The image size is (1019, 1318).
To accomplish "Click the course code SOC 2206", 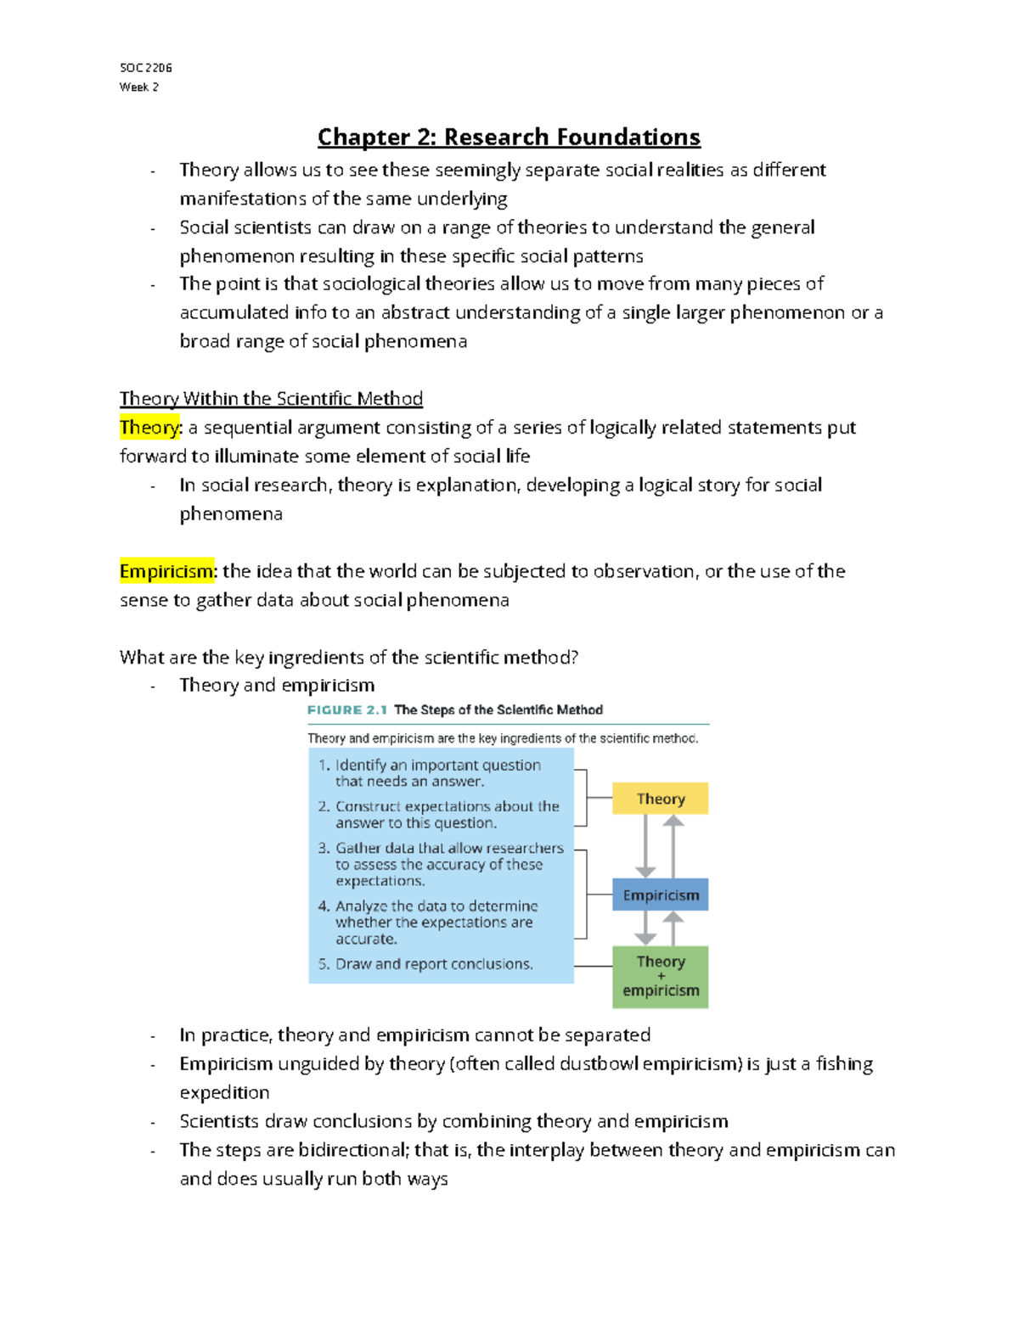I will (146, 67).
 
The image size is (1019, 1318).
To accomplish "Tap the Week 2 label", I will (138, 87).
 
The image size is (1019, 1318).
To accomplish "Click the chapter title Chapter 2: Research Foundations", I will (509, 137).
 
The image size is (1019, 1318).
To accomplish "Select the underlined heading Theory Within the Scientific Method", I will (271, 398).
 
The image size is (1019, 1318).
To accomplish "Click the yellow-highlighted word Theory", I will (149, 427).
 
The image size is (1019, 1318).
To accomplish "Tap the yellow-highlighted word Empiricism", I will (166, 571).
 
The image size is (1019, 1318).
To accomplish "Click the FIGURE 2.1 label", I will (346, 709).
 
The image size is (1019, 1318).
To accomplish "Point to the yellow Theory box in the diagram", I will (660, 799).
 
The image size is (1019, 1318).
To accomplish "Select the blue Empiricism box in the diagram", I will (660, 895).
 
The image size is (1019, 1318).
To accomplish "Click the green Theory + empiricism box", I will (660, 977).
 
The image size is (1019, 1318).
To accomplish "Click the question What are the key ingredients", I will (349, 657).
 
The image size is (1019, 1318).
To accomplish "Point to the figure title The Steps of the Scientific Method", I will (498, 709).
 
